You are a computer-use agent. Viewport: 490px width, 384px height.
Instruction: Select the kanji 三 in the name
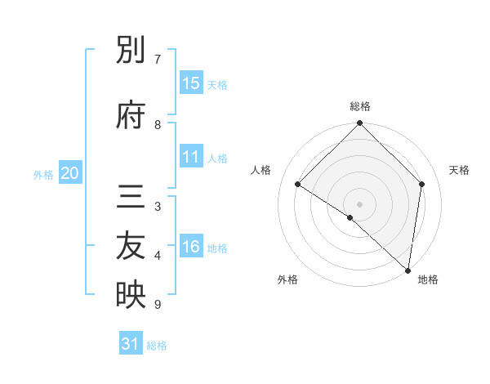[131, 199]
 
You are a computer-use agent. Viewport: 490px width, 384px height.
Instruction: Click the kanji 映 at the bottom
[131, 295]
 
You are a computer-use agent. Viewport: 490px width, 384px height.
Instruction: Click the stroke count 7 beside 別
[158, 60]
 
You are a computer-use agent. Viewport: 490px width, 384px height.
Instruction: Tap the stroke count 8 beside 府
[158, 124]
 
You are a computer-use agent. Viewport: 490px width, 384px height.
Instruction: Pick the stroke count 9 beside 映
[158, 305]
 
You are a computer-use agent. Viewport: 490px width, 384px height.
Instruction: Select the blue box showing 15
[191, 83]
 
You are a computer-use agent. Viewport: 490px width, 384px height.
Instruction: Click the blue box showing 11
[191, 157]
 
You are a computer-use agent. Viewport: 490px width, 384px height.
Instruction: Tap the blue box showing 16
[191, 247]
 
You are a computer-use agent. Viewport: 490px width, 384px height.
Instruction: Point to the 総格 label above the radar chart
[360, 106]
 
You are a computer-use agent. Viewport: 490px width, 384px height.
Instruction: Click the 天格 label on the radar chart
[460, 170]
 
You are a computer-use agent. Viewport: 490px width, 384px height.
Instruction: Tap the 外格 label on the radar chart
[287, 279]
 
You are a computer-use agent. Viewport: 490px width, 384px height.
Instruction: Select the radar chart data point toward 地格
[408, 270]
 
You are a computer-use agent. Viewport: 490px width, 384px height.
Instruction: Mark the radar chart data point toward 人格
[298, 185]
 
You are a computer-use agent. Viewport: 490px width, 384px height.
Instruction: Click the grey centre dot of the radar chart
[359, 203]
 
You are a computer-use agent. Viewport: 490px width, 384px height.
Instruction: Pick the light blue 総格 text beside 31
[158, 346]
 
